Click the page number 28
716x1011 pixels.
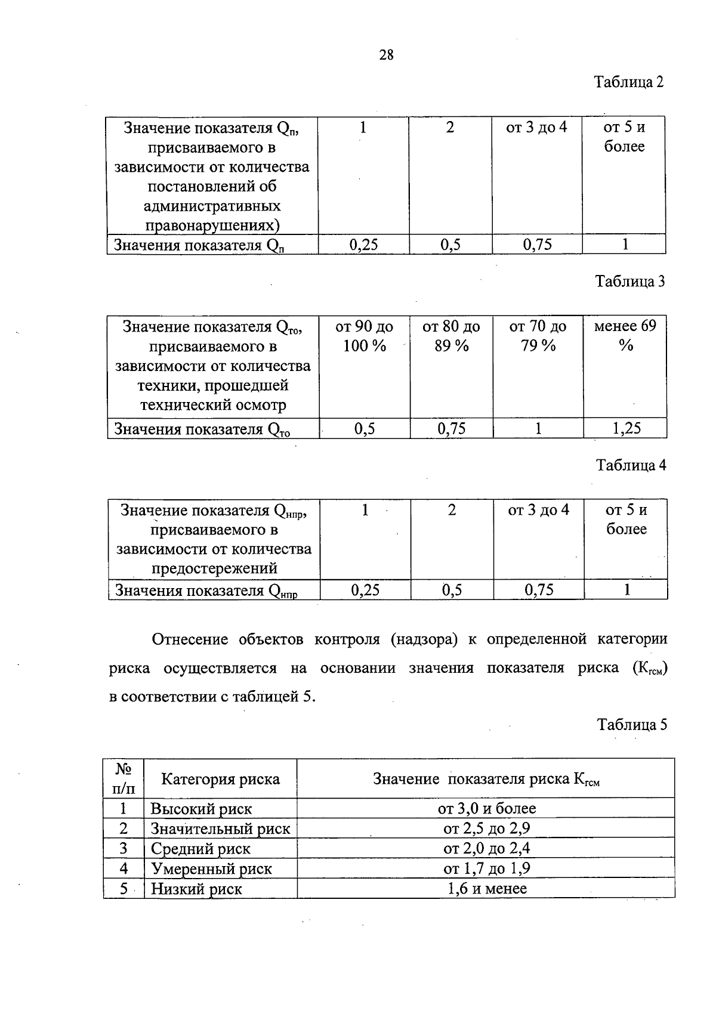pos(386,55)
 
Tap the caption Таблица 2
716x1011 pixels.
pos(629,82)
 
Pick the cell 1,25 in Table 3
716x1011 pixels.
pos(626,428)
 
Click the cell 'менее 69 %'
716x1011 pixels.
pos(625,336)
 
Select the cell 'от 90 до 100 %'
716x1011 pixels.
pos(364,336)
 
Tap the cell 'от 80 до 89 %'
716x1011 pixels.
pos(451,336)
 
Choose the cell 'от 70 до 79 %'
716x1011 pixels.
pos(538,336)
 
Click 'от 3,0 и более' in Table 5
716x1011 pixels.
pos(486,808)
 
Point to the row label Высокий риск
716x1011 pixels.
pos(201,809)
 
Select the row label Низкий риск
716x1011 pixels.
pos(196,889)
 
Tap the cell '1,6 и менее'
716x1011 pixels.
pos(487,889)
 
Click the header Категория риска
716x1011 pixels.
pos(220,778)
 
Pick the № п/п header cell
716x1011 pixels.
pos(124,778)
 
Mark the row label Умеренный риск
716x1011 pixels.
pos(211,868)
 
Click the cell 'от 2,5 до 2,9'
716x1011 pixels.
pos(486,828)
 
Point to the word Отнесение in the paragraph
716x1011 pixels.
pos(190,639)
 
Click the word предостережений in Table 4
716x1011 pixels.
pos(214,568)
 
